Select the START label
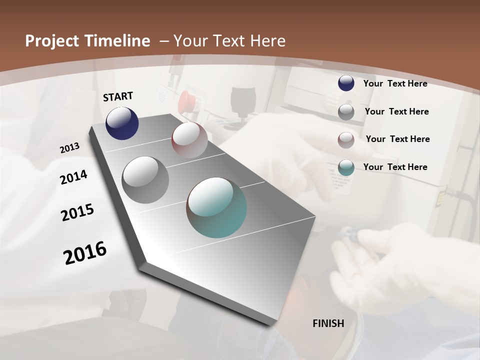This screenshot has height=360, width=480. [118, 96]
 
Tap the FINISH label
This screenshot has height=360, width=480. [328, 323]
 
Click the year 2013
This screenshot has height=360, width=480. [69, 148]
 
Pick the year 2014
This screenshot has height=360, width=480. [73, 177]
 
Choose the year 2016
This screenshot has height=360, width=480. [85, 253]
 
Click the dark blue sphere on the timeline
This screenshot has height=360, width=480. [122, 123]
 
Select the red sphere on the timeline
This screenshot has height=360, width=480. [189, 140]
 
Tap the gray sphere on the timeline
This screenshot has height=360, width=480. [145, 180]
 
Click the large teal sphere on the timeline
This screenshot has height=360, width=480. [216, 207]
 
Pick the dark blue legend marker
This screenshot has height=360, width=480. [346, 83]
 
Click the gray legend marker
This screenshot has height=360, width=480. [346, 112]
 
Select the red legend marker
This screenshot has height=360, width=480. [346, 140]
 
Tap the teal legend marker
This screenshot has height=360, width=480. [346, 167]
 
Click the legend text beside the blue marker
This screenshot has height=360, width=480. [395, 83]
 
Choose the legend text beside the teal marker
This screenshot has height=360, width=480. [395, 167]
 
